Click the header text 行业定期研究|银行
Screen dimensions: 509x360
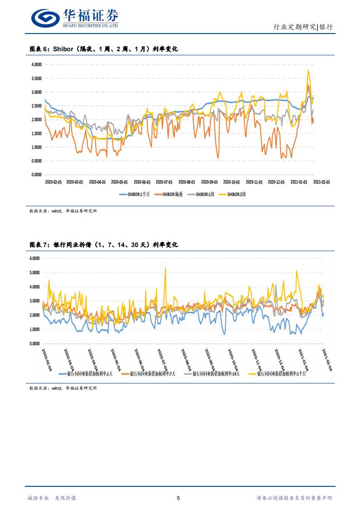[x=303, y=27]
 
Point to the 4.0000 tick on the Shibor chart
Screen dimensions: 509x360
[x=36, y=64]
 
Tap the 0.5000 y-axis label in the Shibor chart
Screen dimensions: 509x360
[x=36, y=161]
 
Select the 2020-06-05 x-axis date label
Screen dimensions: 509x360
[x=142, y=182]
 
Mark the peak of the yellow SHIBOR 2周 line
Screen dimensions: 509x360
[x=308, y=70]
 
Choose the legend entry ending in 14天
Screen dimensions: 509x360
[x=213, y=374]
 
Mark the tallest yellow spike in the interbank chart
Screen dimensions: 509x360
[x=165, y=267]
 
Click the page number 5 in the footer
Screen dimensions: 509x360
[x=178, y=498]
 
